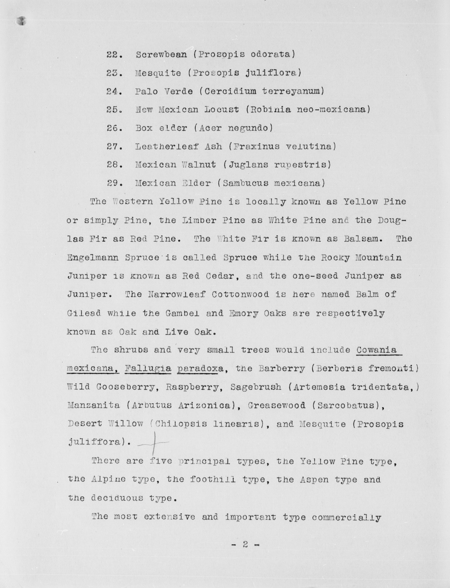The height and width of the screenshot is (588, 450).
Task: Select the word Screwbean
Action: (x=161, y=55)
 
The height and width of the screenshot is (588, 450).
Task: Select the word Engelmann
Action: (x=93, y=258)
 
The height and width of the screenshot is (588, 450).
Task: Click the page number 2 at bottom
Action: (x=245, y=544)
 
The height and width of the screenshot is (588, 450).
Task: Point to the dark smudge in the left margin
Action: (x=21, y=21)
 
